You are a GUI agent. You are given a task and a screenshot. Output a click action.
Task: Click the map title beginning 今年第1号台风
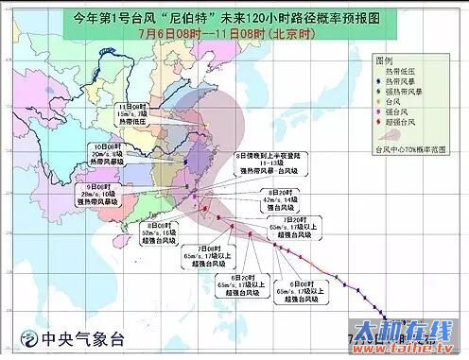(234, 17)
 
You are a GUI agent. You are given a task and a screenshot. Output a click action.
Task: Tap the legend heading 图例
(385, 59)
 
